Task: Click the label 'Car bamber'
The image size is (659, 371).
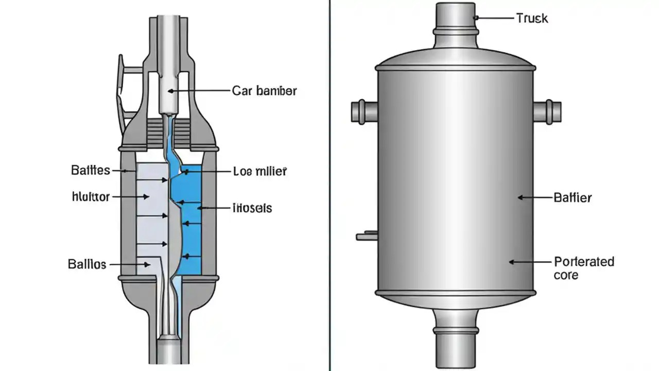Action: point(264,91)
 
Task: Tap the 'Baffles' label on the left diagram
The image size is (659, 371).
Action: point(90,170)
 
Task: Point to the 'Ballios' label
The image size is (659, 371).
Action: point(87,264)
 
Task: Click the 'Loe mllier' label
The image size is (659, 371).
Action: point(260,172)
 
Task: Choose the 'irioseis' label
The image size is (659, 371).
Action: point(252,208)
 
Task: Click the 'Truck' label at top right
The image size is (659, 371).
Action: point(532,19)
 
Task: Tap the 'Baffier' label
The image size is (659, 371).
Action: point(573,197)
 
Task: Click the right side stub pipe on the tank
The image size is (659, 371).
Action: point(547,111)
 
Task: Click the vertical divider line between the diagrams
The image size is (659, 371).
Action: point(329,185)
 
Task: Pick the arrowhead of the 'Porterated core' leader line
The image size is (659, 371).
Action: point(512,262)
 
